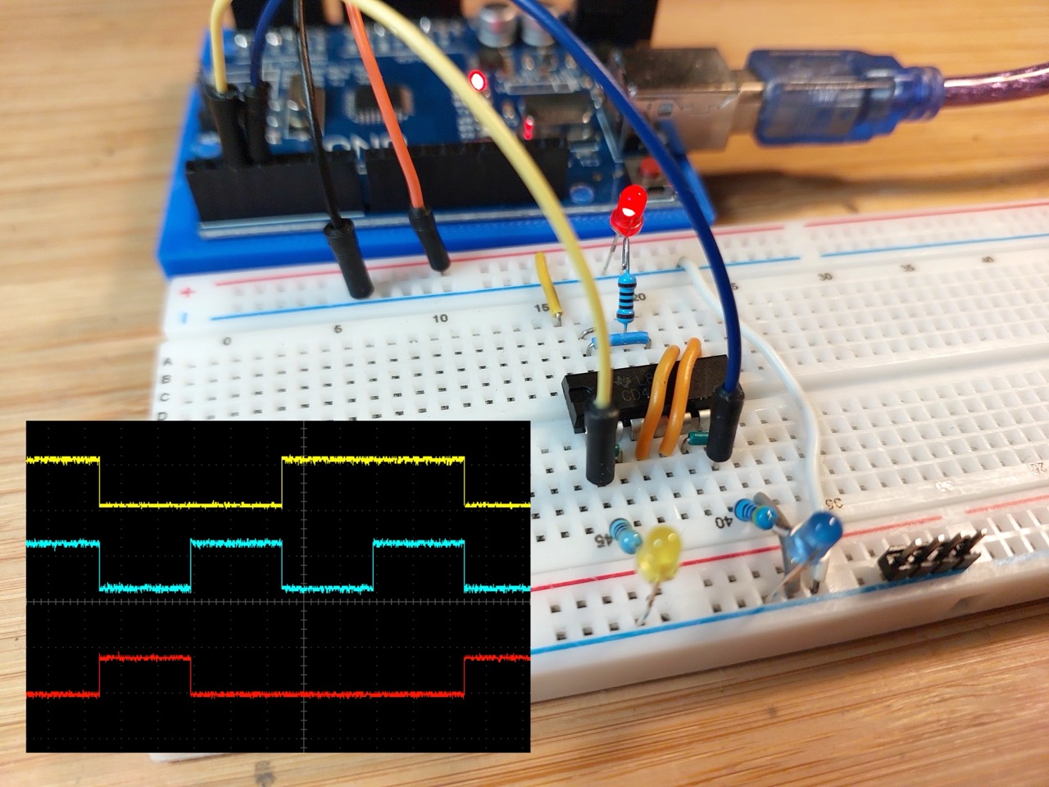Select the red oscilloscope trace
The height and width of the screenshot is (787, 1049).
click(x=328, y=694)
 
